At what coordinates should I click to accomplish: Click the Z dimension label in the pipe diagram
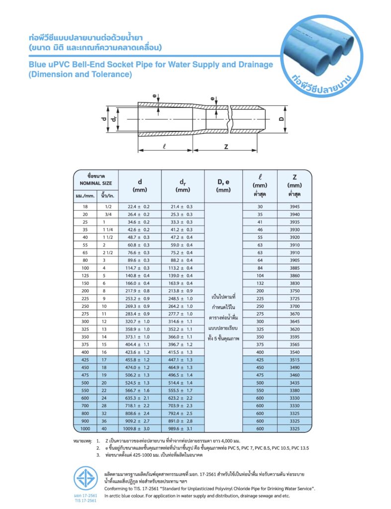pyautogui.click(x=226, y=147)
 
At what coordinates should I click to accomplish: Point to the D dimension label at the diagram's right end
pyautogui.click(x=281, y=120)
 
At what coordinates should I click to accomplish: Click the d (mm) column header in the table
pyautogui.click(x=139, y=185)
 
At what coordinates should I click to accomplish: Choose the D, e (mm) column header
pyautogui.click(x=223, y=185)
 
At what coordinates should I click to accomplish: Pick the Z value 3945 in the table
pyautogui.click(x=294, y=206)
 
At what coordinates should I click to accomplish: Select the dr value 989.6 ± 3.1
pyautogui.click(x=182, y=427)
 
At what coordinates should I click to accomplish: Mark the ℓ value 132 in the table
pyautogui.click(x=260, y=283)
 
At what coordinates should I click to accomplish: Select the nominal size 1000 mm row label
pyautogui.click(x=85, y=427)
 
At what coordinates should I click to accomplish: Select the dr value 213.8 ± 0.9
pyautogui.click(x=182, y=291)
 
